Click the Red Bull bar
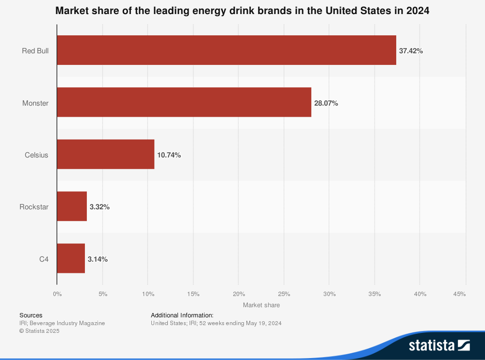226,50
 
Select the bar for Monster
184,102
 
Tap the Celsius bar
105,155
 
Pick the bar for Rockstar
72,206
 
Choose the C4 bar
71,258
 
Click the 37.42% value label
411,50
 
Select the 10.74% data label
169,155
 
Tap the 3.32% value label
100,207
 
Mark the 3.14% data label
97,259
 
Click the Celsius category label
36,155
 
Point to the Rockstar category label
34,207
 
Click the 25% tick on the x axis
284,294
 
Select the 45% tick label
459,294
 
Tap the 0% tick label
57,294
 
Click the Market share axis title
261,305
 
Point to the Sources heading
31,315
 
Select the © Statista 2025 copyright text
39,331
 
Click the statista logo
439,345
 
